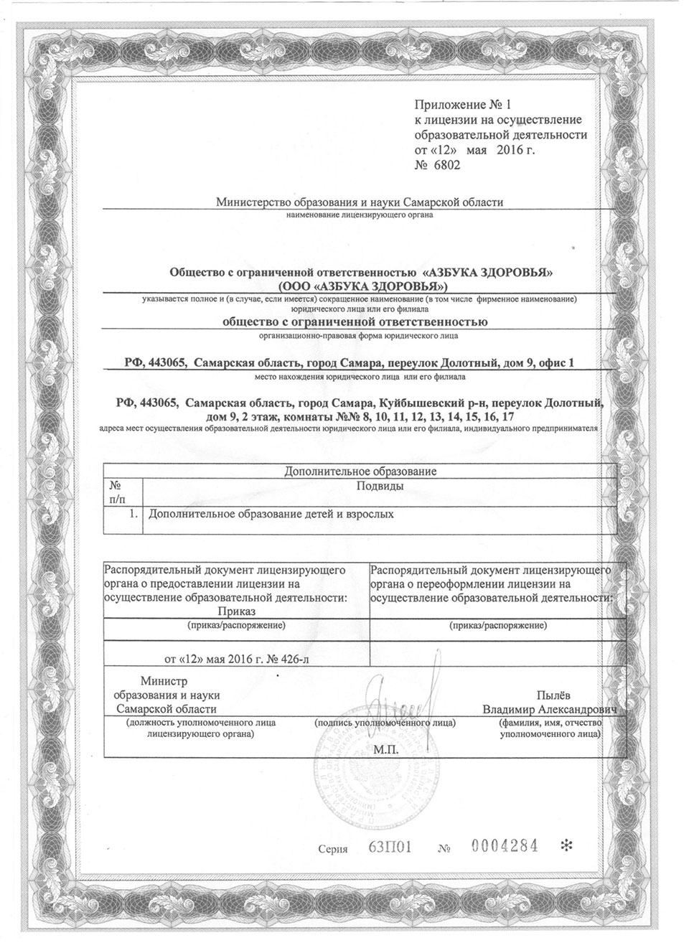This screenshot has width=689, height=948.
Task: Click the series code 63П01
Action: pyautogui.click(x=388, y=848)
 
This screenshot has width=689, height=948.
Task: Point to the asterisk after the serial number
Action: pyautogui.click(x=566, y=847)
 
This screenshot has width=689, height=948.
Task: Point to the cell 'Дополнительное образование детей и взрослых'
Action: pyautogui.click(x=271, y=514)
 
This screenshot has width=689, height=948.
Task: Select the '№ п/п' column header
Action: pyautogui.click(x=116, y=492)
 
